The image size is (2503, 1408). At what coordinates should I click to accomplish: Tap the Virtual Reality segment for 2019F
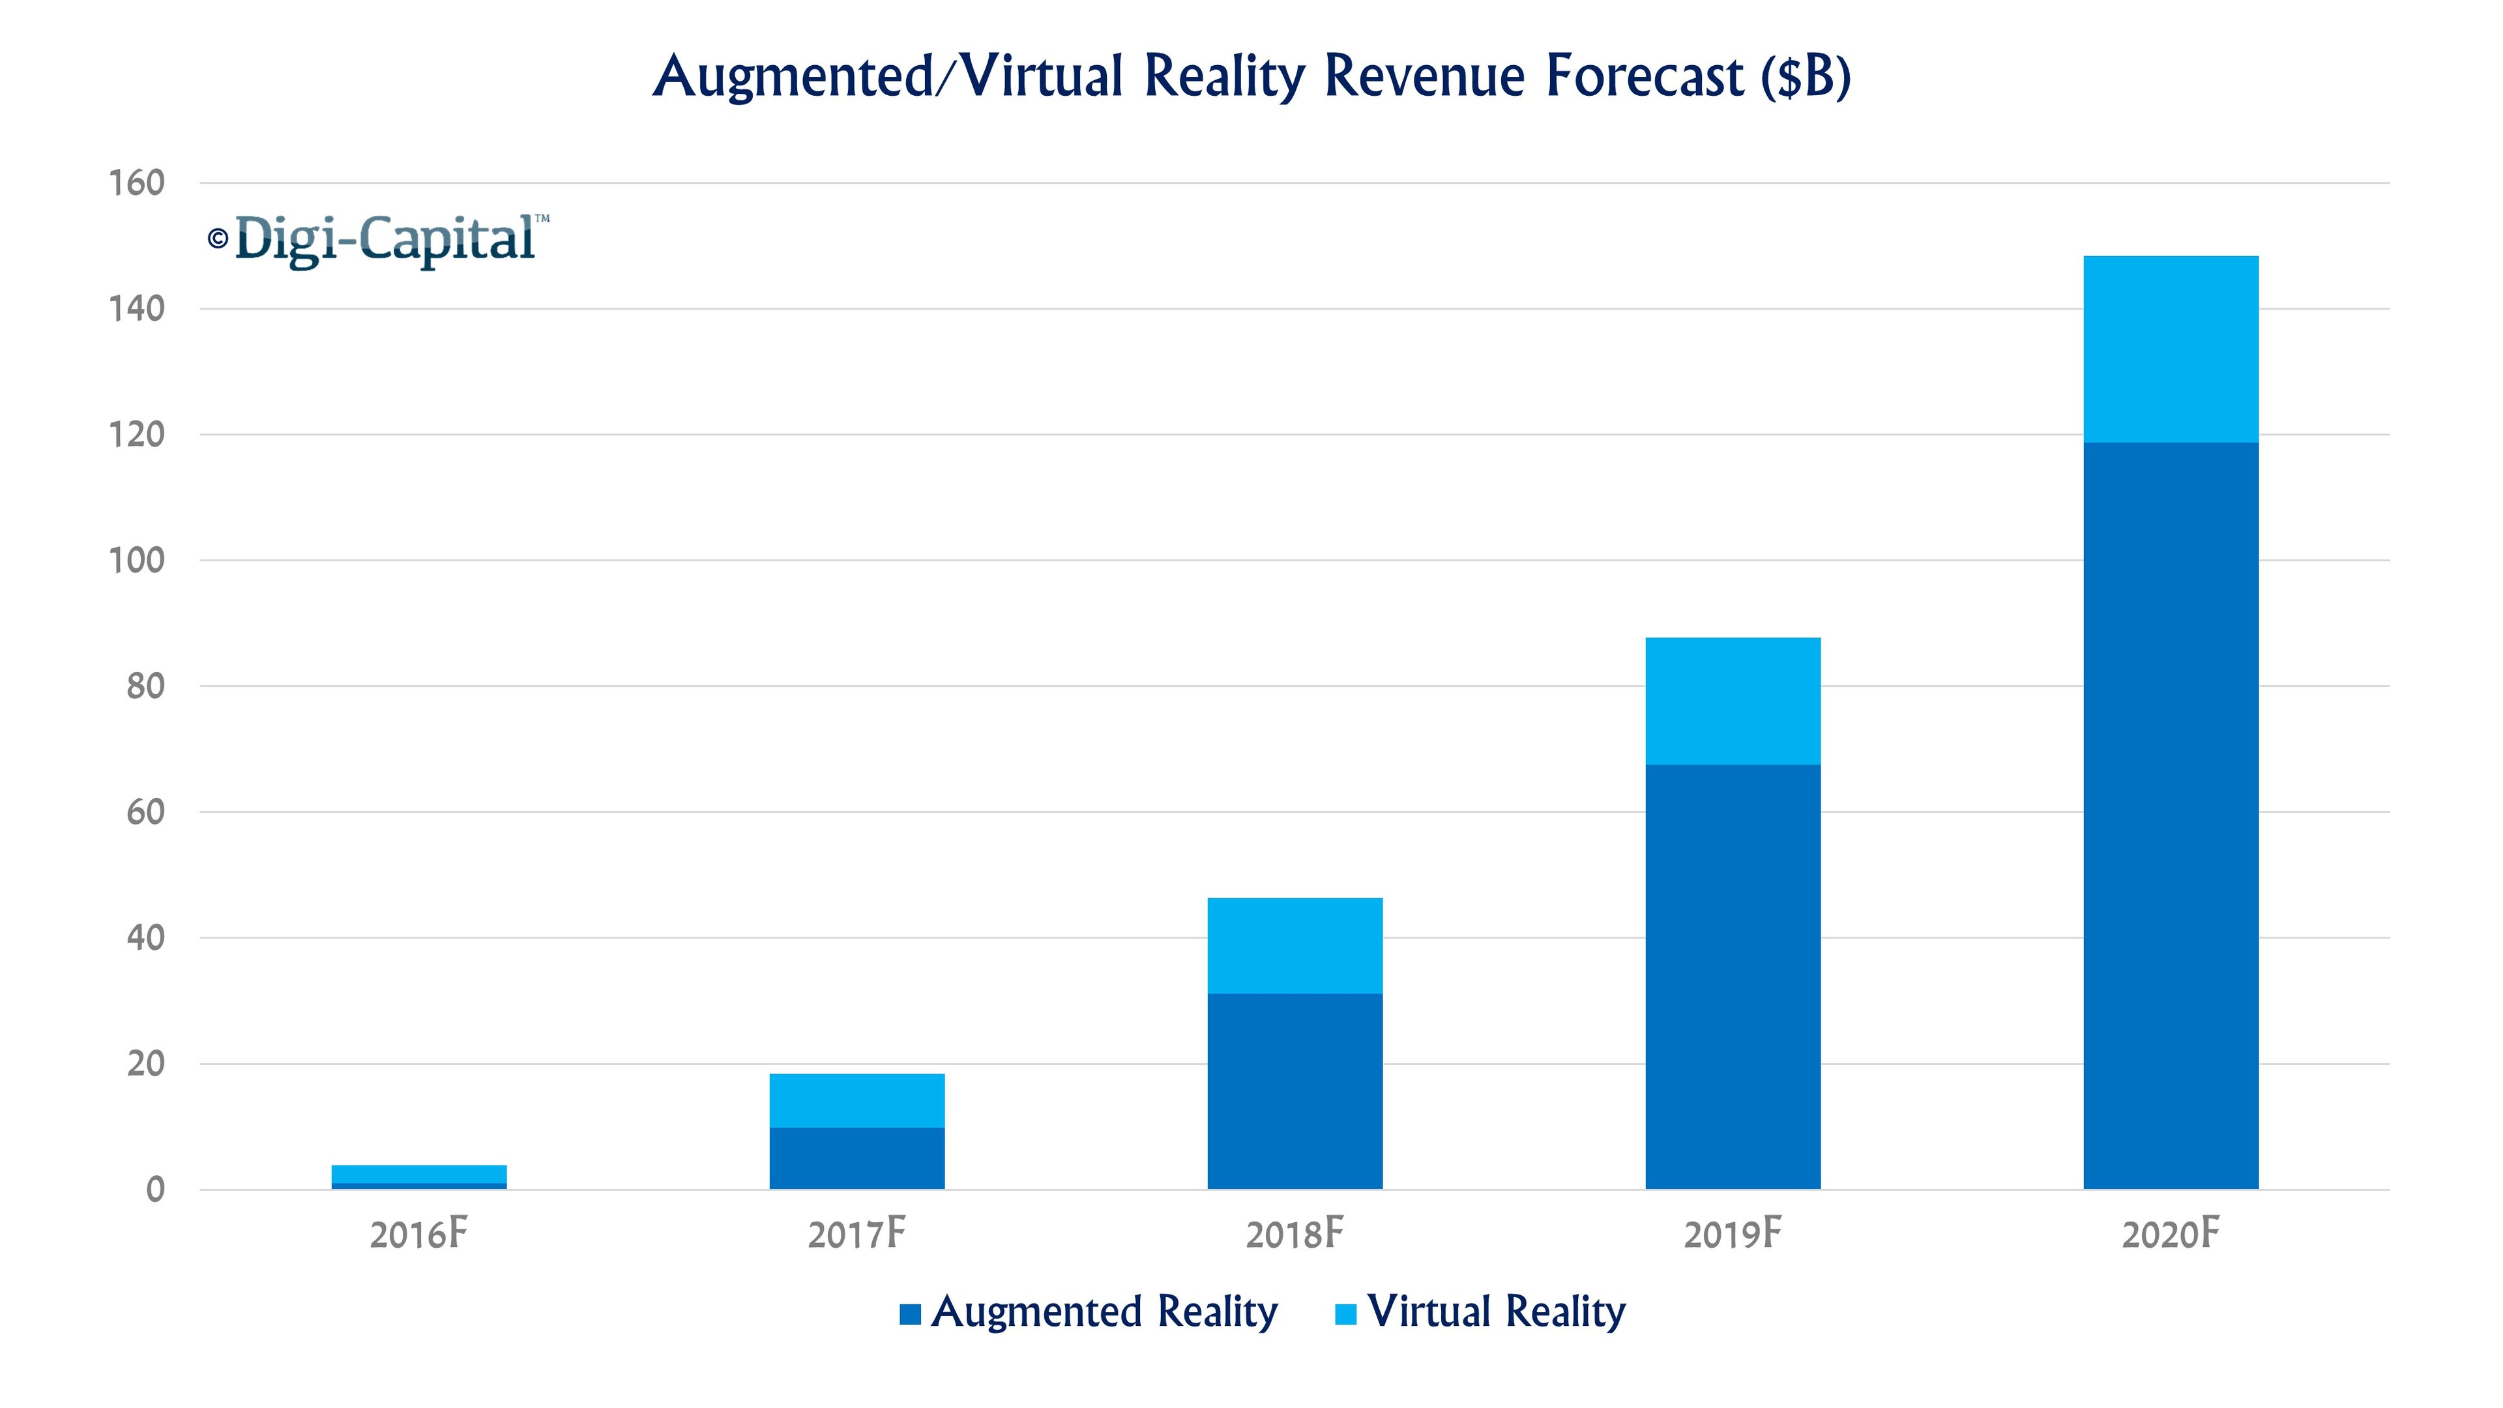click(x=1733, y=701)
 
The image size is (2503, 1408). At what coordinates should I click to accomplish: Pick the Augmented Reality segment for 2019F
click(x=1733, y=976)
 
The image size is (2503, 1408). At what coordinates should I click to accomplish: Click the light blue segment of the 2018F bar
click(x=1295, y=945)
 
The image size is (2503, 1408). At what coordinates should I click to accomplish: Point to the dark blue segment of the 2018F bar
click(x=1295, y=1091)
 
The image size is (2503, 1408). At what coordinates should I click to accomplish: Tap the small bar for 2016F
click(x=418, y=1176)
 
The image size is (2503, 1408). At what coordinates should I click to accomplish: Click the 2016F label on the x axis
click(x=418, y=1235)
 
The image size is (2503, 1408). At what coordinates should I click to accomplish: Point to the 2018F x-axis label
click(x=1295, y=1235)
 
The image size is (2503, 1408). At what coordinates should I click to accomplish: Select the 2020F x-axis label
click(x=2170, y=1235)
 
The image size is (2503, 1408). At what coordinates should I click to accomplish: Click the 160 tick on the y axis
click(x=136, y=183)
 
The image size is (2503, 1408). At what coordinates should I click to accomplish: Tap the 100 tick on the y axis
click(x=136, y=561)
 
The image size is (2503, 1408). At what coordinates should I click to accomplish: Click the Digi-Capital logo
click(x=385, y=239)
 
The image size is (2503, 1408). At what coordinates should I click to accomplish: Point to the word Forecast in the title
click(x=1645, y=76)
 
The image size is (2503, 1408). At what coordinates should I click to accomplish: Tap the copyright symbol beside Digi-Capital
click(x=218, y=238)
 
